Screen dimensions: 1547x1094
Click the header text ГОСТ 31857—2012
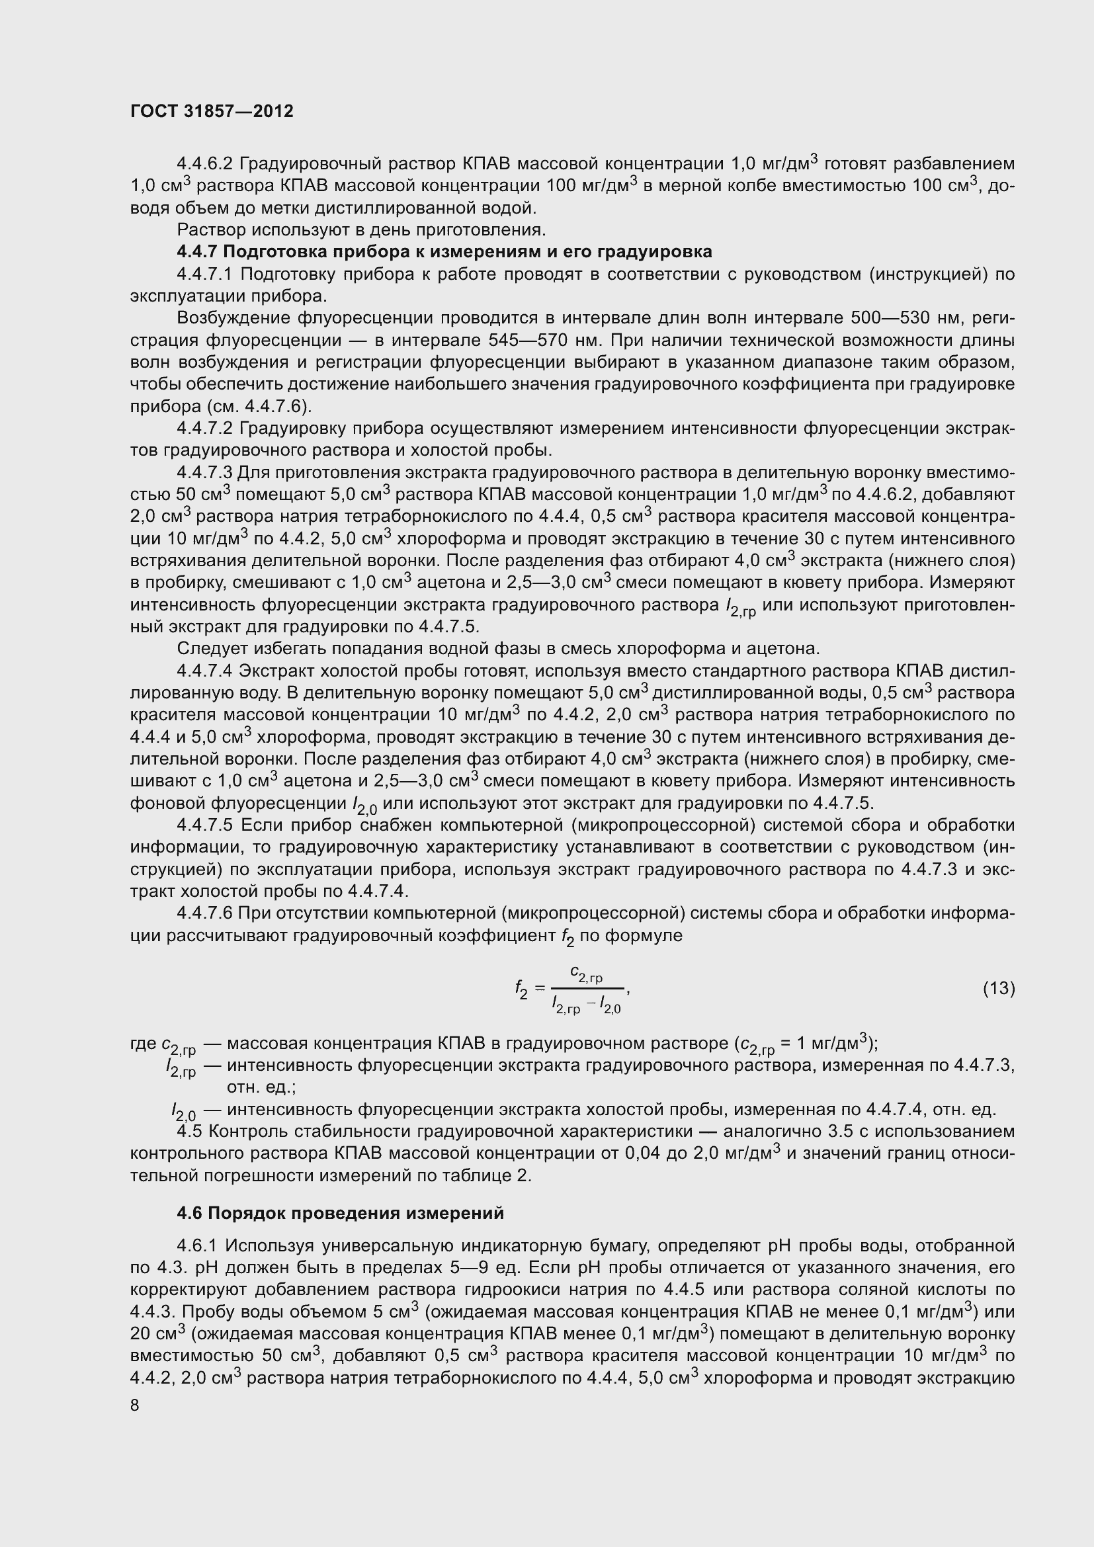pyautogui.click(x=212, y=112)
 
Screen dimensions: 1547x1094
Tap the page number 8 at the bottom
pyautogui.click(x=135, y=1405)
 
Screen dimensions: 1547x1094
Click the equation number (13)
pyautogui.click(x=998, y=988)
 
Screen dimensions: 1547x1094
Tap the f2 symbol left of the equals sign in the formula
pyautogui.click(x=521, y=989)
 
